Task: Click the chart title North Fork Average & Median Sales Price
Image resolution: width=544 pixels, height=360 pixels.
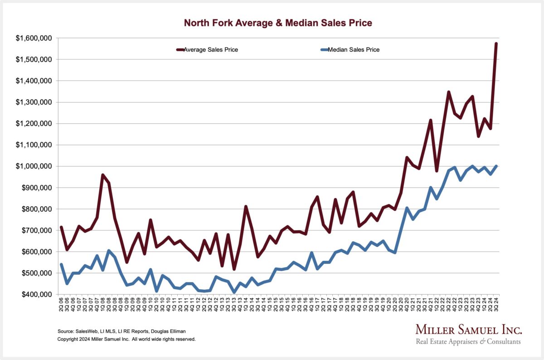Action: pos(278,22)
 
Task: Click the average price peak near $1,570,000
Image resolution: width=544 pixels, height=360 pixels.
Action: pos(496,44)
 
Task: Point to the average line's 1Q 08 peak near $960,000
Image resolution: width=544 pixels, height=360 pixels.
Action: pos(103,175)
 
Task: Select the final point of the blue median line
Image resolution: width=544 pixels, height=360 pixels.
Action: pos(496,166)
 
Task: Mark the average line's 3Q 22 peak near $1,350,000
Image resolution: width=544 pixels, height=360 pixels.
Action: pos(448,92)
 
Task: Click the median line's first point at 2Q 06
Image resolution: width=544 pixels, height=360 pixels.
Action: pos(61,264)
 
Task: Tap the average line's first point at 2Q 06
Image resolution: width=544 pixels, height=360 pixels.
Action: pos(61,227)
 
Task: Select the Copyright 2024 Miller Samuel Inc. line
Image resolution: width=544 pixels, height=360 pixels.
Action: pos(126,339)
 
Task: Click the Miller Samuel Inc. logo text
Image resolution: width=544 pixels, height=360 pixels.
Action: pos(469,329)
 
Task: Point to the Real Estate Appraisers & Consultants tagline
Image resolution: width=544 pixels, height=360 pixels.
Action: pos(469,341)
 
